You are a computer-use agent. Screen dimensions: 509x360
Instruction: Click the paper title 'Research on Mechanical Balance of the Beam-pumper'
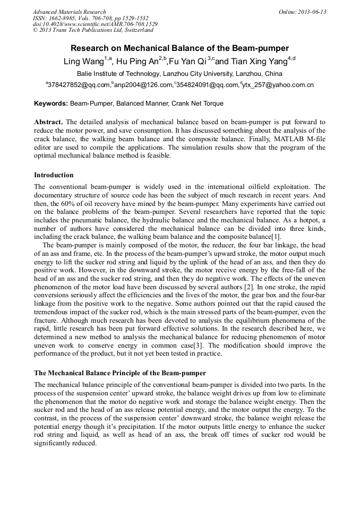[x=179, y=48]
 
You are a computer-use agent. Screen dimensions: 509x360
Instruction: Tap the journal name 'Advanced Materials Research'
[x=69, y=12]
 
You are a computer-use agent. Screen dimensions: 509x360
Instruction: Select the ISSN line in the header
[x=90, y=18]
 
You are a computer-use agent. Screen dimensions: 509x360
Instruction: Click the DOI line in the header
[x=95, y=24]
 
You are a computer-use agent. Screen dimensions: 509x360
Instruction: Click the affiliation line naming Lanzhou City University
[x=179, y=74]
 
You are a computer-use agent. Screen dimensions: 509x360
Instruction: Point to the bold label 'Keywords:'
[x=51, y=103]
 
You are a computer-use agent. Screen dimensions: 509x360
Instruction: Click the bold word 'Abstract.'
[x=49, y=122]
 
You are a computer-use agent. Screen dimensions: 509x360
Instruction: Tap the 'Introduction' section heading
[x=54, y=175]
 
